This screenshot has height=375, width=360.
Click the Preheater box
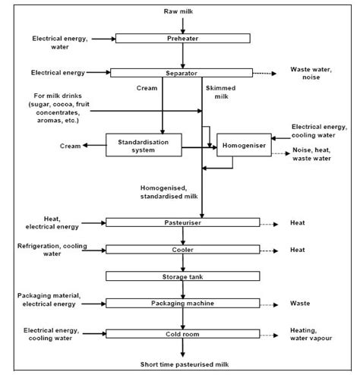point(182,37)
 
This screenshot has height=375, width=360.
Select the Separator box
point(182,73)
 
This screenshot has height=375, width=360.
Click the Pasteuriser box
point(182,222)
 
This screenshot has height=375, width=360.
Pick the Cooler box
point(182,249)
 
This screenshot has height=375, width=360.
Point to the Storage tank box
point(182,276)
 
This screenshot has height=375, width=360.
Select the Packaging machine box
point(182,303)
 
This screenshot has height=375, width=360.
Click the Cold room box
point(182,332)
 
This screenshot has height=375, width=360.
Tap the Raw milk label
point(182,11)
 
